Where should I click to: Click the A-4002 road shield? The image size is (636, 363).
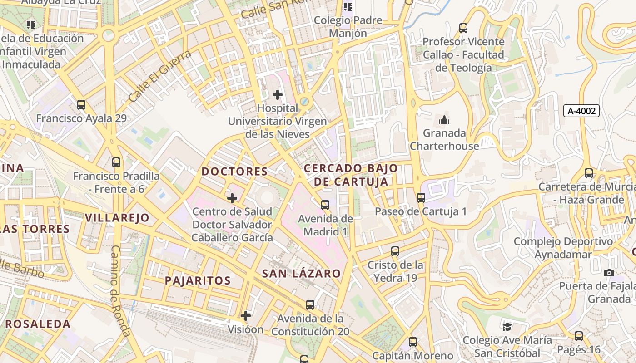pyautogui.click(x=581, y=111)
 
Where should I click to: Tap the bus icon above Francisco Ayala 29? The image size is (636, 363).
pyautogui.click(x=81, y=105)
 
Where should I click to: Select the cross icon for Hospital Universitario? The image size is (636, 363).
pyautogui.click(x=277, y=95)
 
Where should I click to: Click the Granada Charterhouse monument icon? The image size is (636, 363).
pyautogui.click(x=444, y=120)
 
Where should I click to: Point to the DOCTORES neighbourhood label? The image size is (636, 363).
pyautogui.click(x=234, y=172)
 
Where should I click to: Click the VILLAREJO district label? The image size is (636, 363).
pyautogui.click(x=117, y=217)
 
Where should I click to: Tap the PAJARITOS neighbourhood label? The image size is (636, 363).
pyautogui.click(x=198, y=280)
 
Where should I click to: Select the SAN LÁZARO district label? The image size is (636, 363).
pyautogui.click(x=301, y=273)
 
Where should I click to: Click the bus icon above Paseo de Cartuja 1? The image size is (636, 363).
pyautogui.click(x=421, y=198)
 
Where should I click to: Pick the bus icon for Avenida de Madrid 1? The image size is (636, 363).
pyautogui.click(x=325, y=205)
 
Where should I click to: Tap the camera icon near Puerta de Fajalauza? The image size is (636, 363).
pyautogui.click(x=609, y=273)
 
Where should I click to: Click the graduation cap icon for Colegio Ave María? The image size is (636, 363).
pyautogui.click(x=507, y=327)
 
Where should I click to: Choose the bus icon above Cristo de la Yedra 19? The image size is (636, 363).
pyautogui.click(x=395, y=251)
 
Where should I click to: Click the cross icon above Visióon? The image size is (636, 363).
pyautogui.click(x=246, y=316)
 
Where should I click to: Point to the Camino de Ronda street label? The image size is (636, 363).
pyautogui.click(x=120, y=290)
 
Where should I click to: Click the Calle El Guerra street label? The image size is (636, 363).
pyautogui.click(x=159, y=76)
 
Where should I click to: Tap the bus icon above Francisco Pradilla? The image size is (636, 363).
pyautogui.click(x=116, y=162)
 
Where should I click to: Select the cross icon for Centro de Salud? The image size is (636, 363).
pyautogui.click(x=232, y=198)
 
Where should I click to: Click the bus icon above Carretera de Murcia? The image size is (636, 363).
pyautogui.click(x=589, y=173)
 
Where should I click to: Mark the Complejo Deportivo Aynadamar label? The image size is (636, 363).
pyautogui.click(x=563, y=248)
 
